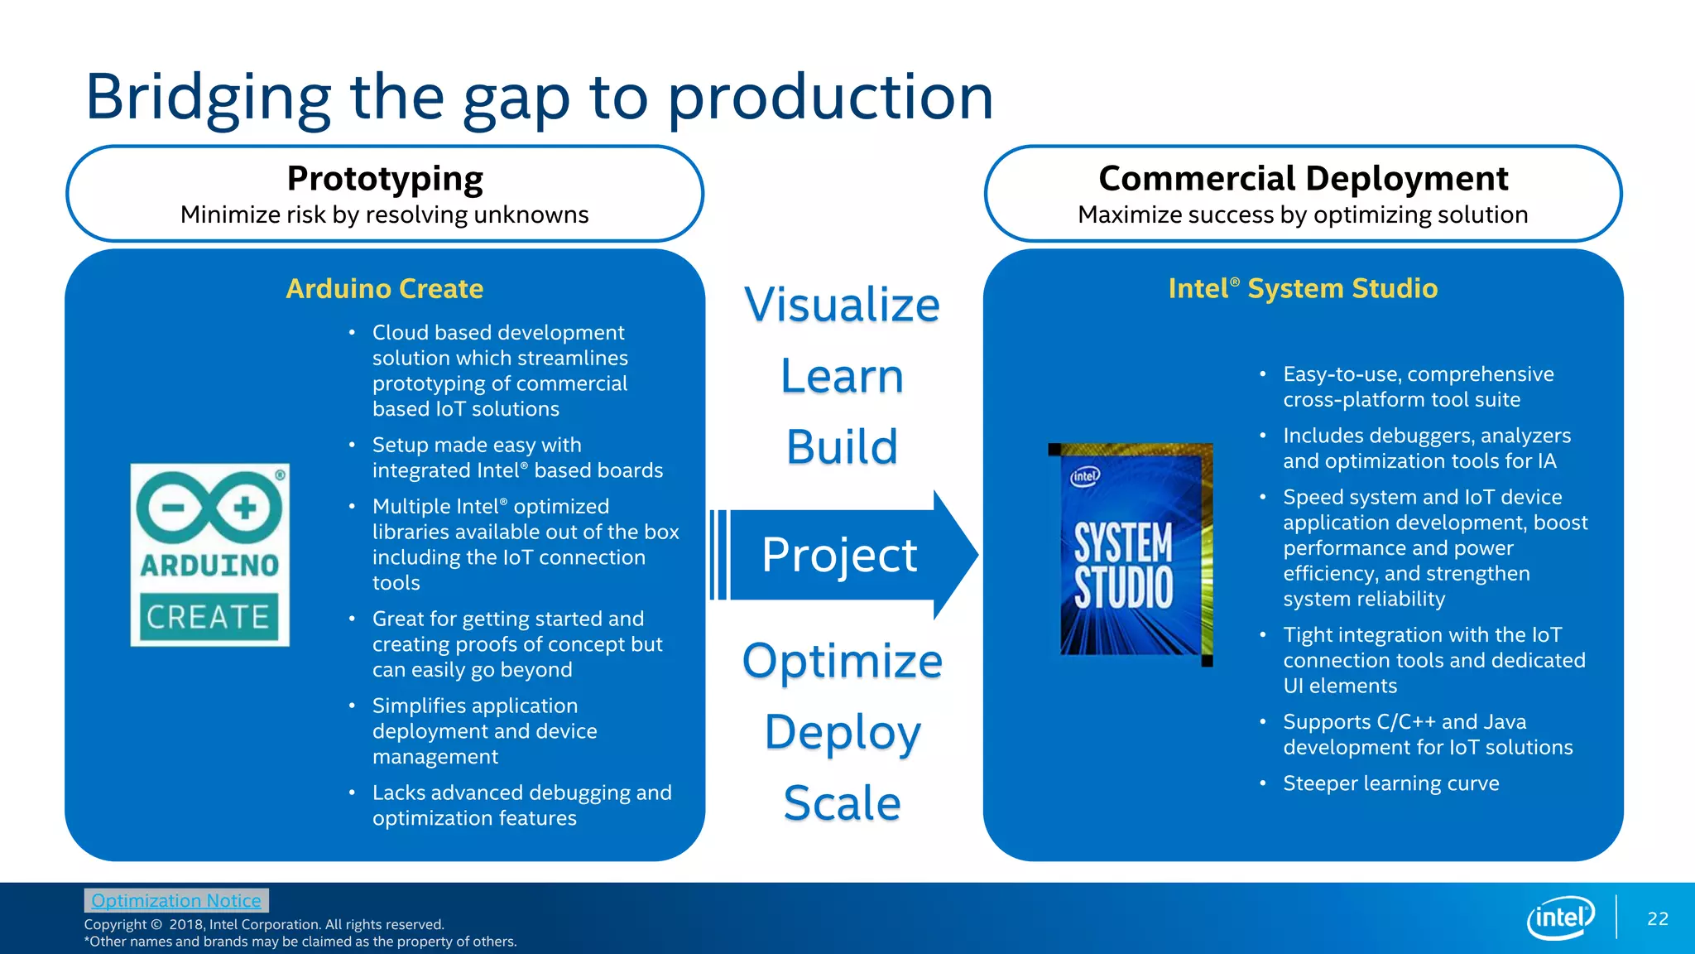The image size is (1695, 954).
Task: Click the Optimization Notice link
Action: (175, 900)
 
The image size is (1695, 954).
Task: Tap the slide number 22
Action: (1657, 918)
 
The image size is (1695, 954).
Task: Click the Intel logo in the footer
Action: (1560, 918)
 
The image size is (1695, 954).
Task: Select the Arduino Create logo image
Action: (210, 555)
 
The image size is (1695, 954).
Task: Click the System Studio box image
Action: (1131, 553)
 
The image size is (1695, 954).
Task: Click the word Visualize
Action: (842, 305)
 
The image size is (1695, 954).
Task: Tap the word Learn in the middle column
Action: (842, 376)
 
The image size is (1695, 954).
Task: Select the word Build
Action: (842, 447)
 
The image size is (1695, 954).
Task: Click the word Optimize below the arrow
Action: (842, 661)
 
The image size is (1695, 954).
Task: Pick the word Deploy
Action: (842, 732)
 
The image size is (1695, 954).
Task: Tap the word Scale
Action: (842, 803)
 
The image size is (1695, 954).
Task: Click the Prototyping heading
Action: (385, 179)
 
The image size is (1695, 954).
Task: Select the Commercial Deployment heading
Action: (1303, 179)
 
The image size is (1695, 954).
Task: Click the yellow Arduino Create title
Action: (385, 288)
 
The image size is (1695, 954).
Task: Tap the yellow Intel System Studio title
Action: (1303, 288)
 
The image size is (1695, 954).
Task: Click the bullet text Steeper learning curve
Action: (1390, 783)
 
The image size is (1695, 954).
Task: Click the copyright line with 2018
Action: (264, 924)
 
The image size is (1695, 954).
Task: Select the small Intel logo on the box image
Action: (1085, 476)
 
